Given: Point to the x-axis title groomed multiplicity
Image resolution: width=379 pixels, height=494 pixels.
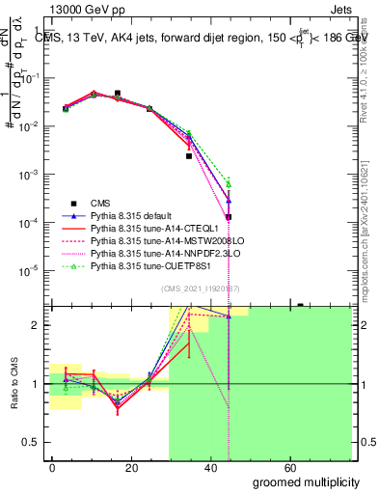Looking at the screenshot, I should point(306,481).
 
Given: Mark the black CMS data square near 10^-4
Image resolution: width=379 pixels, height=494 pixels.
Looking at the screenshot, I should point(229,217).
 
